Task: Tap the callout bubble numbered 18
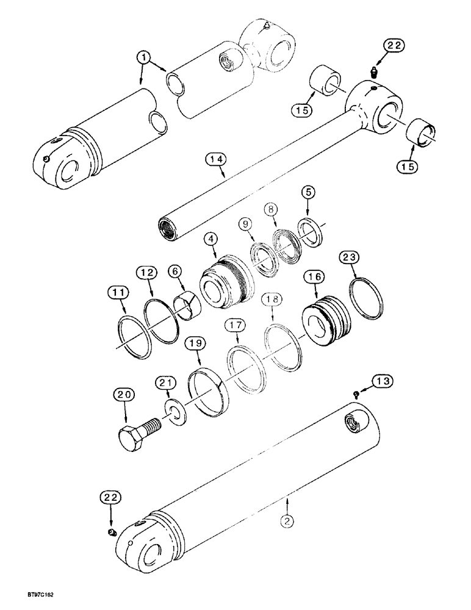click(273, 299)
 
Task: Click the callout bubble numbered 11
click(120, 294)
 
